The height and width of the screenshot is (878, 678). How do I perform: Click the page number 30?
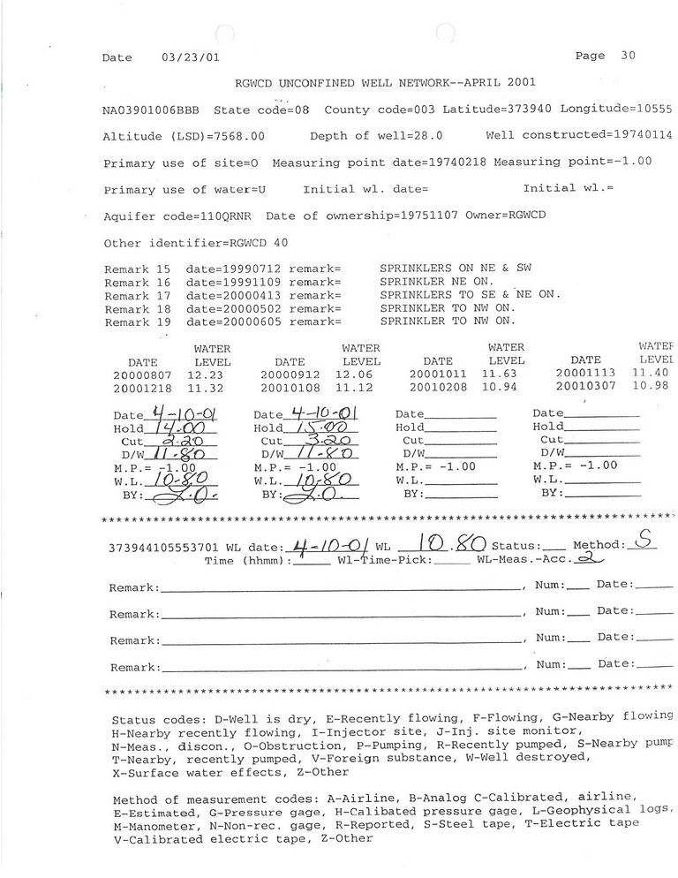coord(628,56)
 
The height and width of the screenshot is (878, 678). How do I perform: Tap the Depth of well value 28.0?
coord(428,137)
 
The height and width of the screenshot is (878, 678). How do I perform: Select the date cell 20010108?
coord(285,388)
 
